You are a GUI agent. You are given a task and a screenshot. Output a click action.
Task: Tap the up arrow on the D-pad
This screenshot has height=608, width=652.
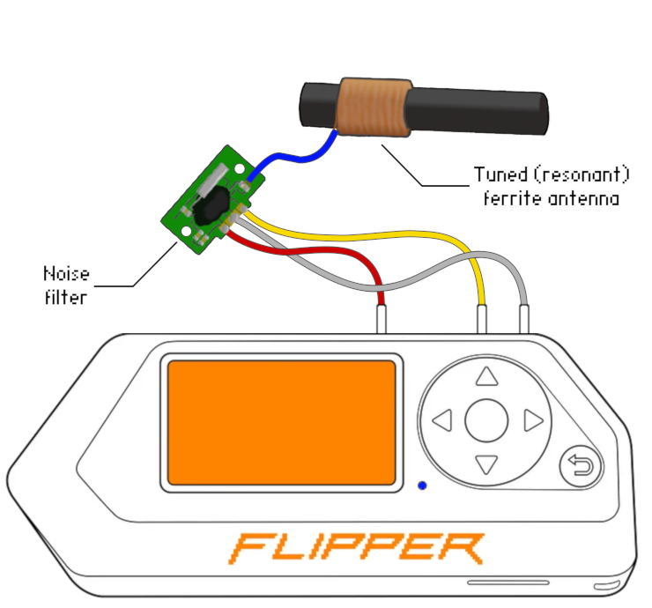point(486,378)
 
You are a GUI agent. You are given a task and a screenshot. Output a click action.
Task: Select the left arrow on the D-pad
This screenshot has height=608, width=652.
point(443,420)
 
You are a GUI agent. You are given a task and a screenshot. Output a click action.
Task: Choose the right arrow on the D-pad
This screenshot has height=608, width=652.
point(532,420)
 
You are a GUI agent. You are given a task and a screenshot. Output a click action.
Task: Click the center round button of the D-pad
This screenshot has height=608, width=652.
point(486,420)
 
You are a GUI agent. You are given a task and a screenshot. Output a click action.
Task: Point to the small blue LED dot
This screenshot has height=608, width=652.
point(423,485)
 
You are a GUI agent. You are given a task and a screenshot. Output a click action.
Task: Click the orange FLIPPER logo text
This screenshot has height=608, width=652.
point(357,548)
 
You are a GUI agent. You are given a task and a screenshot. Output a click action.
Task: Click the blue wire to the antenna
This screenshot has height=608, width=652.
point(291,159)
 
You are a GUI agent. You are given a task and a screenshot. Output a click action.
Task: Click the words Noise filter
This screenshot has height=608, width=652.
point(66,285)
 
